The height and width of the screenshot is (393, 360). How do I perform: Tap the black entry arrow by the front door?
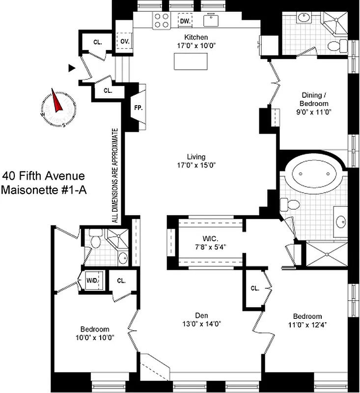click(x=72, y=68)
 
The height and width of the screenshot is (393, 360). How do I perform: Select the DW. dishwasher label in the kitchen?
click(x=185, y=21)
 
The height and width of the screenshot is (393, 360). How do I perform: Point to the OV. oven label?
click(x=124, y=42)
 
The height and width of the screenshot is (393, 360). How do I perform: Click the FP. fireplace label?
click(x=138, y=108)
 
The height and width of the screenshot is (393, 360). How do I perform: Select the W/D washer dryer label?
click(x=92, y=281)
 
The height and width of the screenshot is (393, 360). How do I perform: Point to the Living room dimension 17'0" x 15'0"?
click(x=199, y=165)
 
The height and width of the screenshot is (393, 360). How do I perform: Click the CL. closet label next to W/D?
click(x=121, y=281)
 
